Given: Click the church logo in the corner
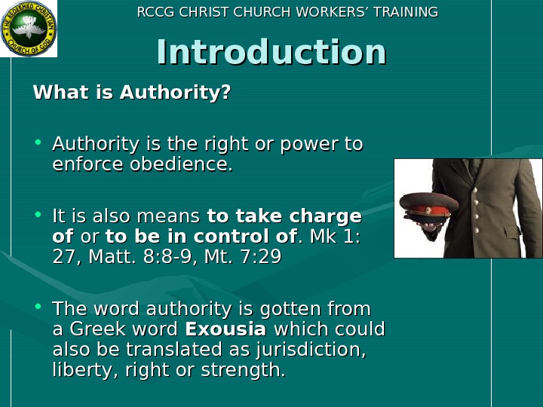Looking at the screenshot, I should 29,29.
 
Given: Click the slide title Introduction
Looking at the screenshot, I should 271,53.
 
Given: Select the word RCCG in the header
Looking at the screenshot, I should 154,12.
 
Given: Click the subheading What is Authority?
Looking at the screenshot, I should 132,93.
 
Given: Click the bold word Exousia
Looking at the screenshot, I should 225,329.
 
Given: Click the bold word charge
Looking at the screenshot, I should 327,217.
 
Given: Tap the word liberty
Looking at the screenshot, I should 78,370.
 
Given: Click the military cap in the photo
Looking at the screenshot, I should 428,207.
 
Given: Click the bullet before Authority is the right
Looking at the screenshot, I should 38,142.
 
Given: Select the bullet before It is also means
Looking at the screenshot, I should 38,216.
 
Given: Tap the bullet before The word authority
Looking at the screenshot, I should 38,308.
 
